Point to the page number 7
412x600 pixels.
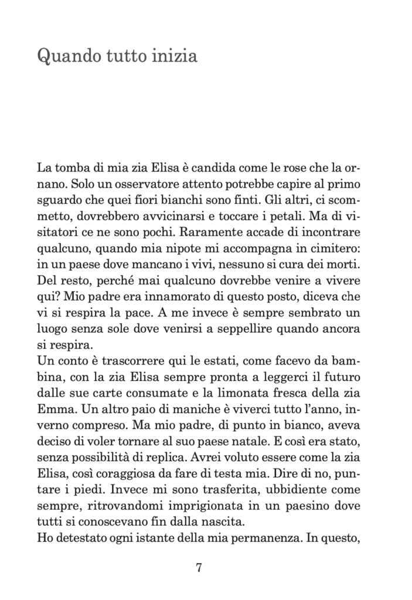pyautogui.click(x=199, y=567)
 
